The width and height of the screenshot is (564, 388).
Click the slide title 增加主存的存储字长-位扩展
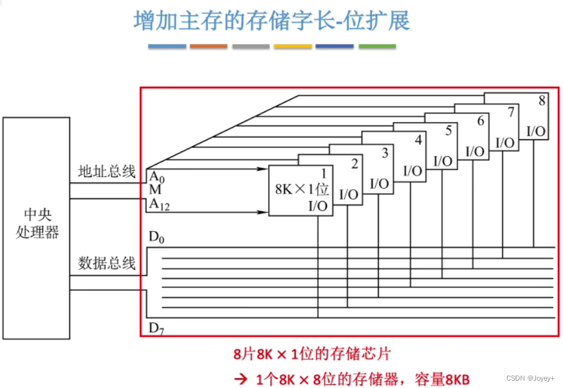tap(272, 20)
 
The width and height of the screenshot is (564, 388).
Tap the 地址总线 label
tap(106, 171)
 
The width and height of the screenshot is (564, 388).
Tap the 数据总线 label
tap(106, 263)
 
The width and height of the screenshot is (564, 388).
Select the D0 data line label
tap(157, 238)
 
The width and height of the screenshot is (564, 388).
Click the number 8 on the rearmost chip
tap(542, 101)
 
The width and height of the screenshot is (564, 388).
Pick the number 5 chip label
tap(448, 131)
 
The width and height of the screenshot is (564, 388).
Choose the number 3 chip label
tap(384, 152)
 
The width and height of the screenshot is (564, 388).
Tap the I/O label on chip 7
tap(505, 142)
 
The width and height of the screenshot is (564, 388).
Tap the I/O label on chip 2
tap(349, 194)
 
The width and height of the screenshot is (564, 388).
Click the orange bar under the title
tap(209, 46)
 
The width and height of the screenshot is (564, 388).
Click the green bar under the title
tap(377, 46)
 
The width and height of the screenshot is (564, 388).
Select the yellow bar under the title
tap(293, 46)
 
